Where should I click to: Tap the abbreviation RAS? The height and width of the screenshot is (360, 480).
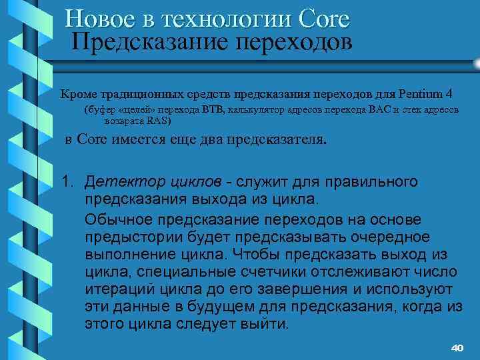(x=159, y=121)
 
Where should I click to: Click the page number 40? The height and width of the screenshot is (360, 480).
(x=457, y=348)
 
